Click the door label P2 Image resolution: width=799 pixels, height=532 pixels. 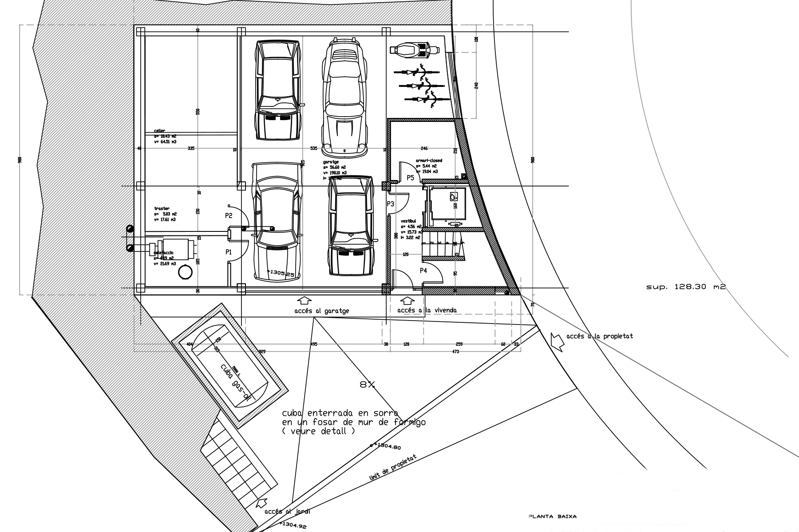coord(229,216)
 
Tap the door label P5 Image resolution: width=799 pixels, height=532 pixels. coord(410,178)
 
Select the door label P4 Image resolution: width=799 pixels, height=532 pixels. coord(423,270)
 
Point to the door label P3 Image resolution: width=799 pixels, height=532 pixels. coord(390,204)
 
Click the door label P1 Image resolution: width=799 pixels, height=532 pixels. coord(229,252)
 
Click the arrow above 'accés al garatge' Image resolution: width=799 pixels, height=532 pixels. coord(306,301)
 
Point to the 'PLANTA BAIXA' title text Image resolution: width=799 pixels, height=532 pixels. coord(552,516)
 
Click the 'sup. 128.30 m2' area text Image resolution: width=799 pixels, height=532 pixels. coord(685,287)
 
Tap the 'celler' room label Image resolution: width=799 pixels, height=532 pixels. coord(159,131)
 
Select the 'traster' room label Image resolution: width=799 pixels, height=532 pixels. coord(162,208)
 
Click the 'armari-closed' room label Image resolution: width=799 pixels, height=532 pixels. coord(429,161)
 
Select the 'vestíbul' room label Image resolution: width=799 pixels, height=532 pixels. coord(408,220)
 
